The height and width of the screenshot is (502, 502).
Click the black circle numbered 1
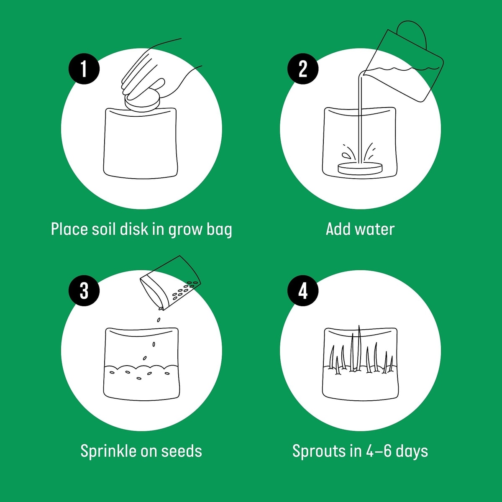click(x=84, y=69)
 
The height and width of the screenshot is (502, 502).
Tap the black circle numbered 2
click(x=303, y=69)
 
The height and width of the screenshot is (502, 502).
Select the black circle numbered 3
click(x=84, y=290)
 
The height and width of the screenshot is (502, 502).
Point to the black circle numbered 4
click(x=303, y=290)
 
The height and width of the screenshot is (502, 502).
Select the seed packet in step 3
click(x=171, y=283)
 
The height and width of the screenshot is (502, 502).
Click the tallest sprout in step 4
click(x=359, y=348)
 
